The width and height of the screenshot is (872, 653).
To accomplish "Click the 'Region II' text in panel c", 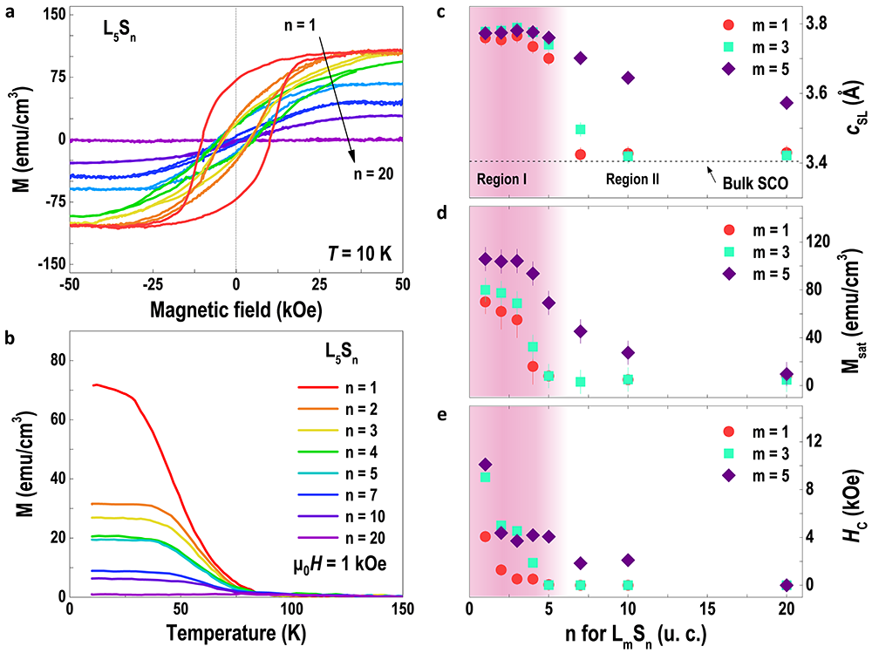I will click(632, 179).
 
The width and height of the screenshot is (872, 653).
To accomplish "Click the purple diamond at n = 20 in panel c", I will click(787, 103).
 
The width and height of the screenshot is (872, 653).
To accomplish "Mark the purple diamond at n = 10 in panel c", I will click(628, 78).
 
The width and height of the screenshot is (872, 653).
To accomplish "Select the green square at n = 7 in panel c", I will click(581, 129).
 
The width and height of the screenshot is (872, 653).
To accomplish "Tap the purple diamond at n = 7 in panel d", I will click(581, 331).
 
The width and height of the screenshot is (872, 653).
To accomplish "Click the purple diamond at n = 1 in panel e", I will click(486, 464).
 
